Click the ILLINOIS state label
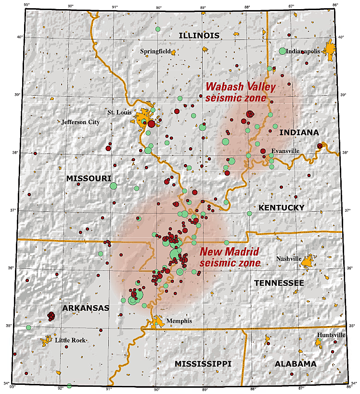(199, 35)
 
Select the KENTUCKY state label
(282, 207)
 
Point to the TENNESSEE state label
(279, 283)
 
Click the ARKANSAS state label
(85, 308)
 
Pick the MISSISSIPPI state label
(203, 363)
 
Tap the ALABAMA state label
(296, 364)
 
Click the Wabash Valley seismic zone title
(241, 92)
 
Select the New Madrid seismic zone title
(230, 257)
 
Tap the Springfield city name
(154, 51)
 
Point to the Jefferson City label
(80, 122)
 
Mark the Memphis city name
(179, 321)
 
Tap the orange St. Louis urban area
(143, 118)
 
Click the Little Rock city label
(70, 340)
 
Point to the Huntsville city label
(331, 335)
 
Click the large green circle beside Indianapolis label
(283, 51)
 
